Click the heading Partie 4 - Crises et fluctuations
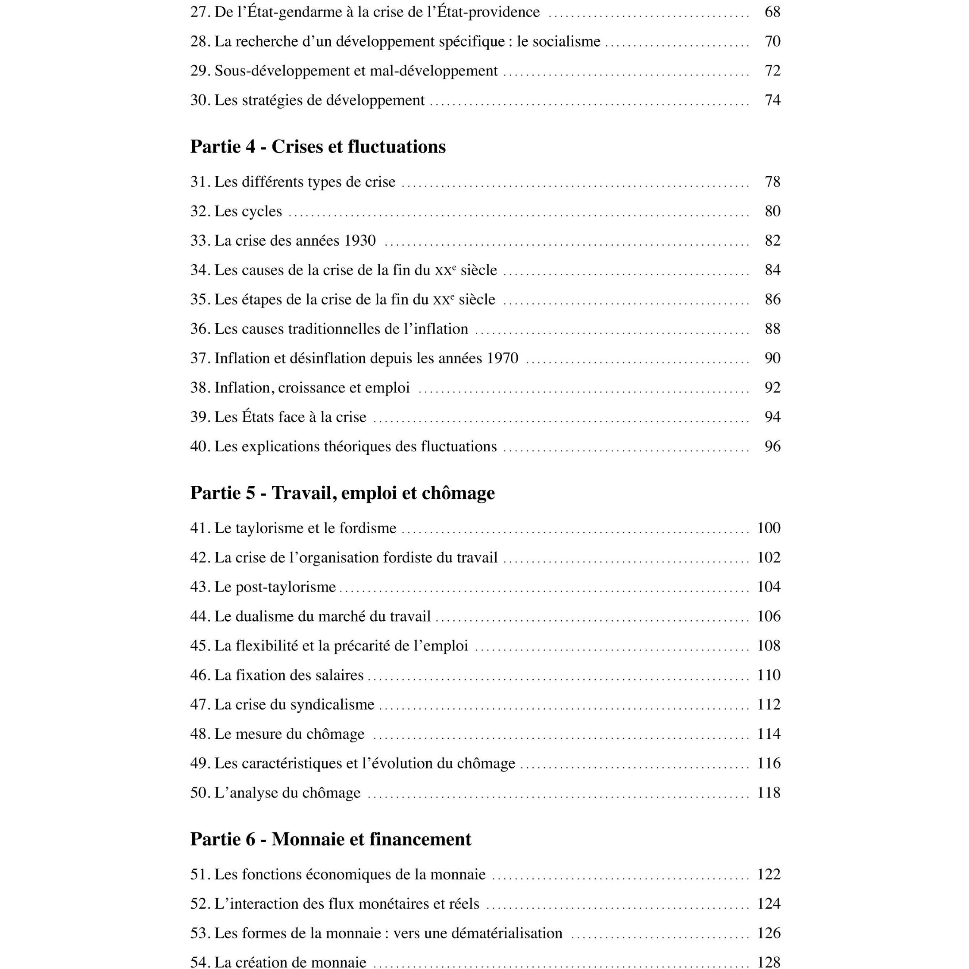(318, 147)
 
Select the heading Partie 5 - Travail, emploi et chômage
(342, 493)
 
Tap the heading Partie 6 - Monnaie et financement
(331, 839)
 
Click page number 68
(772, 12)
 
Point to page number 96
(772, 447)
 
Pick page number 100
(769, 528)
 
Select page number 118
(769, 793)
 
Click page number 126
(769, 933)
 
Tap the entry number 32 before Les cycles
(199, 211)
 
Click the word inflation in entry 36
(441, 329)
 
